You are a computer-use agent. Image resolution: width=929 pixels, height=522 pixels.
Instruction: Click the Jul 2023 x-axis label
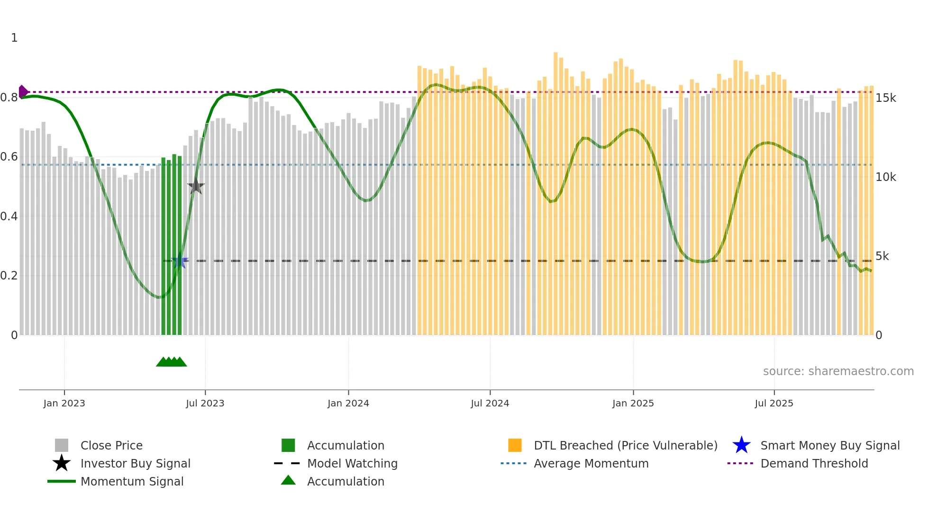[x=205, y=403]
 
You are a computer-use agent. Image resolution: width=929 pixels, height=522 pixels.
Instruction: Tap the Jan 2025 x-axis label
[x=633, y=403]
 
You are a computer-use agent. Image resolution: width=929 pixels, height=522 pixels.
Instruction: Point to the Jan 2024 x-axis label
[x=348, y=403]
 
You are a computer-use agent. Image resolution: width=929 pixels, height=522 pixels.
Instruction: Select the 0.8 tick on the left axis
[x=9, y=98]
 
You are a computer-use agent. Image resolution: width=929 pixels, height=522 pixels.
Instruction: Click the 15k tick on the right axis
[x=885, y=98]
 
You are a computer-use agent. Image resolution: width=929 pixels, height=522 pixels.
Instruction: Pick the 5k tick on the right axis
[x=882, y=256]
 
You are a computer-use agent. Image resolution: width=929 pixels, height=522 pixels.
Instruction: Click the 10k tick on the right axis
[x=885, y=177]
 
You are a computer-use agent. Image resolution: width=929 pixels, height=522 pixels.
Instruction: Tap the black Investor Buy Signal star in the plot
[x=196, y=186]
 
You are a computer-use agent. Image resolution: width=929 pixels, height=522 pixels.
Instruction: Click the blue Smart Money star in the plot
[x=180, y=261]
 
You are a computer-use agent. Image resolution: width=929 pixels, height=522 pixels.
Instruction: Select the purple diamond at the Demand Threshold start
[x=22, y=91]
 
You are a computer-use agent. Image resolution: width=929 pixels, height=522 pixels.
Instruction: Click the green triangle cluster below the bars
[x=171, y=362]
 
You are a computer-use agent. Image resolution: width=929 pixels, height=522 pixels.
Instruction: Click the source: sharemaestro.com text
[x=838, y=371]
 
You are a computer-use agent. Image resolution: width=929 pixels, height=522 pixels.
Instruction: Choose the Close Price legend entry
[x=111, y=445]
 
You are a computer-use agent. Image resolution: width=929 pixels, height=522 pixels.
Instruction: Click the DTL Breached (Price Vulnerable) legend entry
[x=625, y=445]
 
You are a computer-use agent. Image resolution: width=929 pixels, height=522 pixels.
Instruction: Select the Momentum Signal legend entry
[x=132, y=481]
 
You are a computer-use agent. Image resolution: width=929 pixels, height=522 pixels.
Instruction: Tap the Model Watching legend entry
[x=352, y=463]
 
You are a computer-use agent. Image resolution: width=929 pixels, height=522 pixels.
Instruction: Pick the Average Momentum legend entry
[x=591, y=463]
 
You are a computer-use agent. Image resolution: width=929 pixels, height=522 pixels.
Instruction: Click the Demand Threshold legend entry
[x=814, y=463]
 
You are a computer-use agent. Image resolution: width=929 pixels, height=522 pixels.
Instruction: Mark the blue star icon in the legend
[x=741, y=445]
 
